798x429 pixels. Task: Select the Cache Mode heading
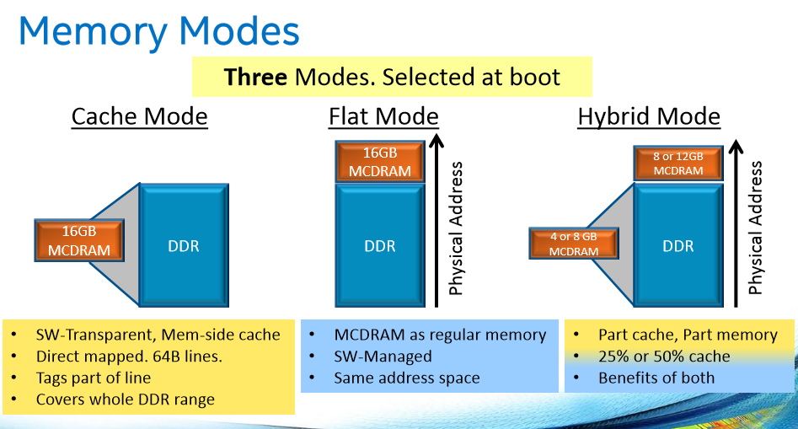139,116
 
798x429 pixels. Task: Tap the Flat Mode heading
383,116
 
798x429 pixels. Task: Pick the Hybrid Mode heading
649,116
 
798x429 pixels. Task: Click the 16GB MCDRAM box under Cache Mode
80,240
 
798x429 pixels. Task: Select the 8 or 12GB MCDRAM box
677,163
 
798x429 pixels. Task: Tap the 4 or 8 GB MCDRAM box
573,244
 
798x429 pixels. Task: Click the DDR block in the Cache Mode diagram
184,245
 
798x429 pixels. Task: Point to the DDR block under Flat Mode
380,246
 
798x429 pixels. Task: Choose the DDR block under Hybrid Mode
677,245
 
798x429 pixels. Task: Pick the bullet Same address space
406,378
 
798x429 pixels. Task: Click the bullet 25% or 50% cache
664,356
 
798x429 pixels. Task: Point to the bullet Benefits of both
656,378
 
